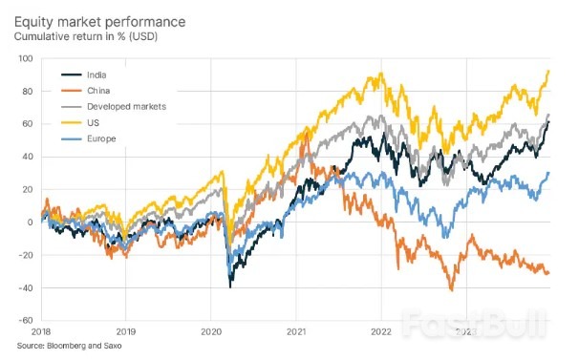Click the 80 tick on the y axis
[x=28, y=92]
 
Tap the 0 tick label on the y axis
[x=31, y=222]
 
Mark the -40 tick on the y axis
[x=26, y=287]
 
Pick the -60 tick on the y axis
[x=26, y=320]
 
